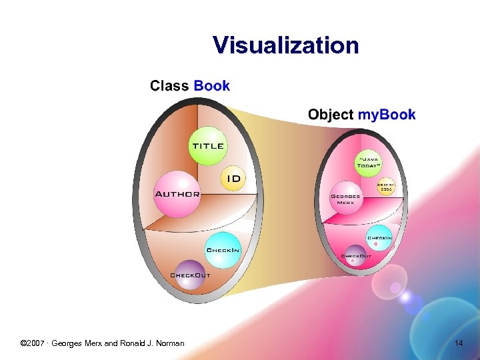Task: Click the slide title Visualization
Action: pos(285,45)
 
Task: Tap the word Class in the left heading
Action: pos(169,86)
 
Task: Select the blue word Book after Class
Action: pos(211,86)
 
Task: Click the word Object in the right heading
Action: pos(330,115)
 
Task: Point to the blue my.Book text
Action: pos(387,115)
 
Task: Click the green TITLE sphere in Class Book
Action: pos(207,146)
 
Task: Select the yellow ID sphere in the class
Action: pos(233,178)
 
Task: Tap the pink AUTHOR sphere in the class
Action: pos(177,194)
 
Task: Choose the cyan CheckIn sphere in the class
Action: pos(222,249)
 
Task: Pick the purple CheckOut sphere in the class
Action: pos(191,274)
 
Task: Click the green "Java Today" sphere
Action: pos(369,163)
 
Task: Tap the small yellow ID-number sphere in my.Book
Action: pos(385,187)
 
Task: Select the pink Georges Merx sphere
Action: pos(345,198)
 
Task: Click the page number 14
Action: pos(458,343)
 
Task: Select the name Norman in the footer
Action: pos(170,343)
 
